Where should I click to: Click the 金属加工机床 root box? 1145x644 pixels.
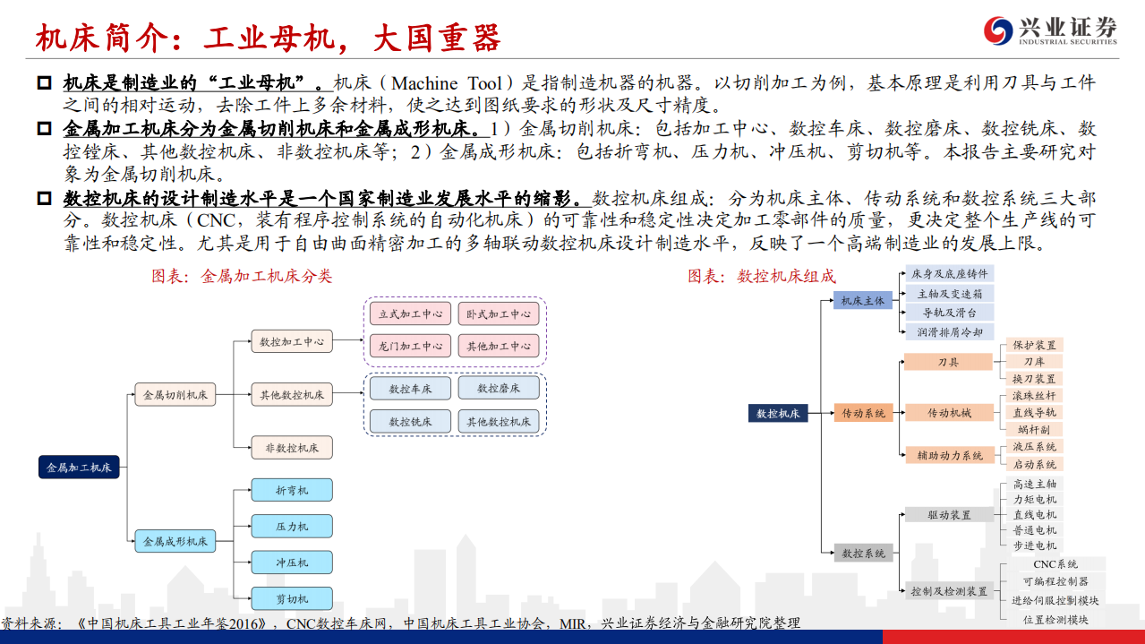click(x=79, y=467)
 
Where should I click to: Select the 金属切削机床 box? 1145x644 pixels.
click(x=175, y=394)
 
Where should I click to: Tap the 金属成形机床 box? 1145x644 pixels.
click(x=175, y=541)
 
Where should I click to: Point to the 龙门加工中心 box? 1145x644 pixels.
click(x=410, y=346)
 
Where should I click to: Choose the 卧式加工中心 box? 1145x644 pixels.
click(x=499, y=314)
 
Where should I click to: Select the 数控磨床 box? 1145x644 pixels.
click(x=499, y=389)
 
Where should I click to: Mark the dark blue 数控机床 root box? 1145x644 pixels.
click(x=778, y=413)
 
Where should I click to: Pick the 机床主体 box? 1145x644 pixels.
click(x=862, y=301)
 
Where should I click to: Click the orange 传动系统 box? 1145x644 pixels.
click(x=863, y=413)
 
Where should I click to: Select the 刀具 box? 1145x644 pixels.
click(x=948, y=362)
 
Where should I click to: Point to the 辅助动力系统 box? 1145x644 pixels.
click(x=949, y=455)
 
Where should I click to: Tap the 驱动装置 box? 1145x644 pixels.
click(x=949, y=515)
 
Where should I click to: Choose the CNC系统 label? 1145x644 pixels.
click(x=1055, y=564)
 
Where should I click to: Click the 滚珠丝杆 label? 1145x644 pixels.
click(x=1034, y=395)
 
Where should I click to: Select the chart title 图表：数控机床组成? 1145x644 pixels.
click(x=761, y=276)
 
